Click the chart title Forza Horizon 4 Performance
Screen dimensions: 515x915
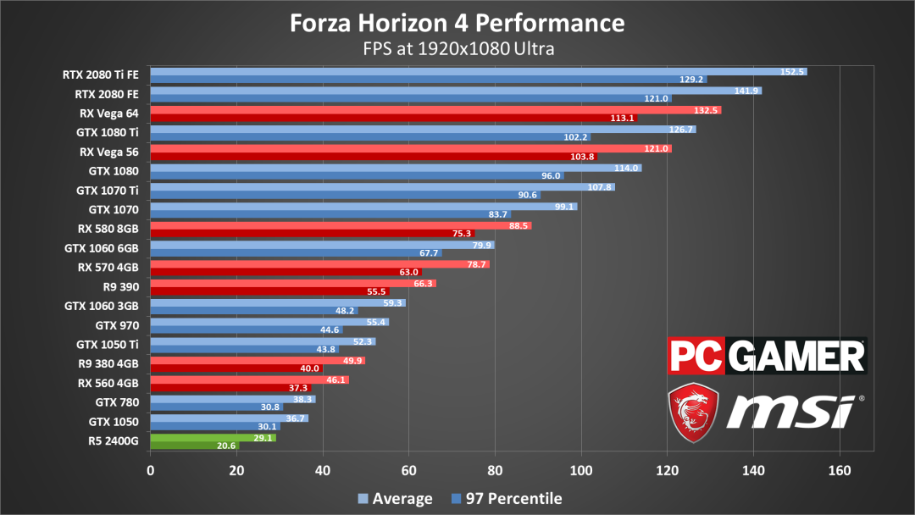pyautogui.click(x=457, y=22)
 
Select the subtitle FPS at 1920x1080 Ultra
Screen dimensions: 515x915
pyautogui.click(x=457, y=48)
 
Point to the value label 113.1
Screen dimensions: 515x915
pyautogui.click(x=621, y=118)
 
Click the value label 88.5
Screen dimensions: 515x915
pyautogui.click(x=519, y=225)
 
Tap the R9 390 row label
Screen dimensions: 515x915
pyautogui.click(x=120, y=286)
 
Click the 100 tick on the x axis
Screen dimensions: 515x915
pyautogui.click(x=581, y=470)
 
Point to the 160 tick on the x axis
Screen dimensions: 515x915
pyautogui.click(x=840, y=470)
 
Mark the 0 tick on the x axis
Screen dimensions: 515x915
pyautogui.click(x=151, y=470)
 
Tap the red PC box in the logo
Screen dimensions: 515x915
pyautogui.click(x=696, y=356)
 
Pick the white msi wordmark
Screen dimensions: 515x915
pyautogui.click(x=791, y=412)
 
